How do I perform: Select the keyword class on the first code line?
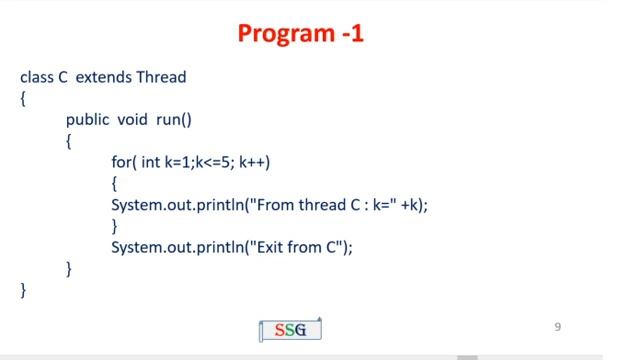point(36,77)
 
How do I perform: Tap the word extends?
point(103,77)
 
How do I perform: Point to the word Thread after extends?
point(161,77)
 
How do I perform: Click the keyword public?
point(88,120)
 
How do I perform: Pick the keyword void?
point(133,120)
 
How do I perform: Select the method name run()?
point(173,120)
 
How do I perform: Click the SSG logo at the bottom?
point(290,329)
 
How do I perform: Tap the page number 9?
point(558,326)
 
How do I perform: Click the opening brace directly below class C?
point(23,98)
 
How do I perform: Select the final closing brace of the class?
point(23,290)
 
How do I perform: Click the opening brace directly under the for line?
point(115,183)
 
